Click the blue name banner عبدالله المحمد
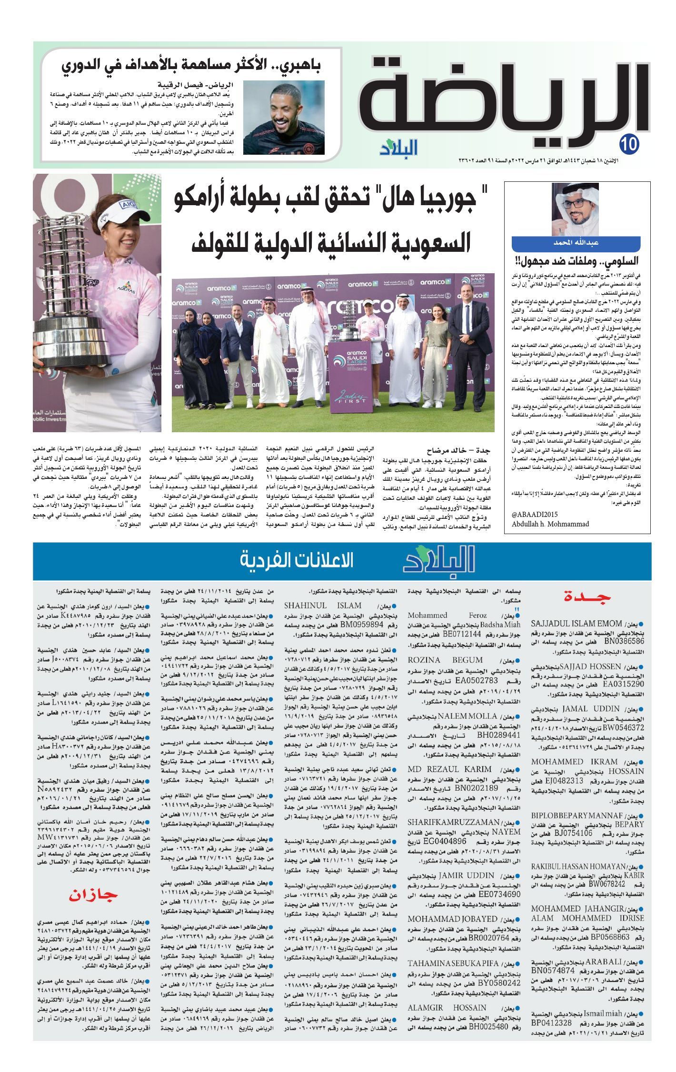coord(575,243)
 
